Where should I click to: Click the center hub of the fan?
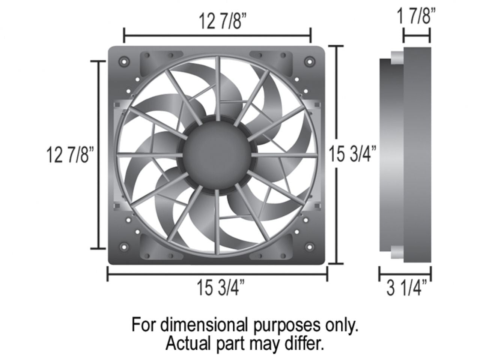click(217, 155)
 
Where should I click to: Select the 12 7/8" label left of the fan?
click(68, 154)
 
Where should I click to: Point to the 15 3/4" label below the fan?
click(221, 288)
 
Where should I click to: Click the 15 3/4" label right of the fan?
click(352, 154)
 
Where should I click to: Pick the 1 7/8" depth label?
click(417, 17)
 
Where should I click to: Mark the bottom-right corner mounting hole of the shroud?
click(309, 247)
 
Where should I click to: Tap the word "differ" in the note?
click(304, 343)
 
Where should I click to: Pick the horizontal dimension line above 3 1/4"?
click(405, 273)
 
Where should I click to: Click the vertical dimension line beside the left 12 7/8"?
click(99, 154)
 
